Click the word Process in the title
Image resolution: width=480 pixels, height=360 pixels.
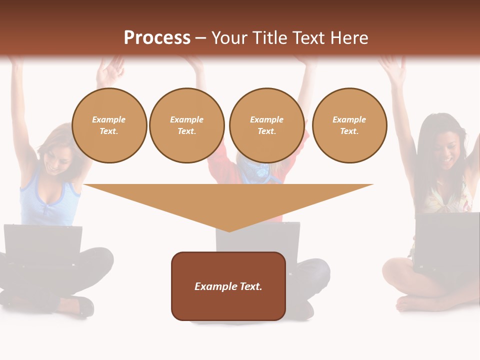click(x=157, y=38)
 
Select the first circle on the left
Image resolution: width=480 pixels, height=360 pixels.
click(x=109, y=125)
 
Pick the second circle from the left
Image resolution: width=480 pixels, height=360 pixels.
click(x=186, y=125)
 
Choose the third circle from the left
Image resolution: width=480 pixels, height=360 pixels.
click(x=266, y=125)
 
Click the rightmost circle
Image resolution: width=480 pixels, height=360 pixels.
click(x=349, y=125)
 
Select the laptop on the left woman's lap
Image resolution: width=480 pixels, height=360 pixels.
click(x=42, y=245)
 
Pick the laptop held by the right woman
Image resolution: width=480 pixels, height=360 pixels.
click(x=446, y=240)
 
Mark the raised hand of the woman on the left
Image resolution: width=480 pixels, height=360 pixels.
click(x=111, y=70)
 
